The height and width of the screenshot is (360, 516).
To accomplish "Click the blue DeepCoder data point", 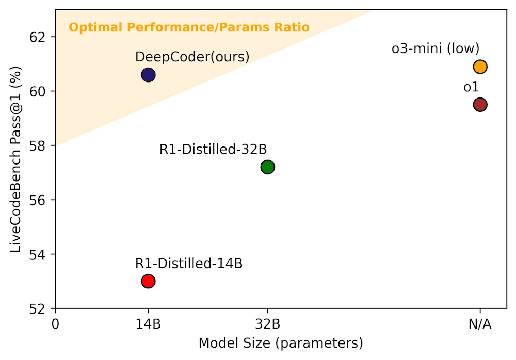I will (x=148, y=75).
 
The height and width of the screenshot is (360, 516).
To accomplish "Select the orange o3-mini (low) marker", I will (x=480, y=67).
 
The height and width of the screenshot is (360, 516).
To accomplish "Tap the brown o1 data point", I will (x=480, y=105).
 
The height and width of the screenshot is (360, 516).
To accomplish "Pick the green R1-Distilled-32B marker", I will (x=267, y=167).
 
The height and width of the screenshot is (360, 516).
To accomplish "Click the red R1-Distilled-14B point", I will (x=148, y=281).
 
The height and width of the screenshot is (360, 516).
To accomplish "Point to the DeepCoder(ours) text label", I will (x=192, y=57).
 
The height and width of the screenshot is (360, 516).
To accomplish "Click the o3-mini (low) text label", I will (x=436, y=49).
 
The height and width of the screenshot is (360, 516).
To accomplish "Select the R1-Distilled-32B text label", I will (x=213, y=150).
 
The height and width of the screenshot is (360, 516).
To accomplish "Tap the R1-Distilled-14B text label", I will (x=189, y=264).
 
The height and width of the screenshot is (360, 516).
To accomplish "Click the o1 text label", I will (x=471, y=87).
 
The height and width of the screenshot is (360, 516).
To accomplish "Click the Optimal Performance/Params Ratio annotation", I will (x=189, y=27).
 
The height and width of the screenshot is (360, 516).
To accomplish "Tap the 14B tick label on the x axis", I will (x=148, y=324).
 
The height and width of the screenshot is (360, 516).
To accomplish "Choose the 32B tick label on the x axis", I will (x=267, y=324).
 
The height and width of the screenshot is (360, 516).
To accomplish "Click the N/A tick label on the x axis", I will (x=480, y=324).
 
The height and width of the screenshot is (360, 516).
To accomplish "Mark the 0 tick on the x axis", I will (x=55, y=324).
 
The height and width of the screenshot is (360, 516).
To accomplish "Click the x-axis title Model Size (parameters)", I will (x=281, y=343).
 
